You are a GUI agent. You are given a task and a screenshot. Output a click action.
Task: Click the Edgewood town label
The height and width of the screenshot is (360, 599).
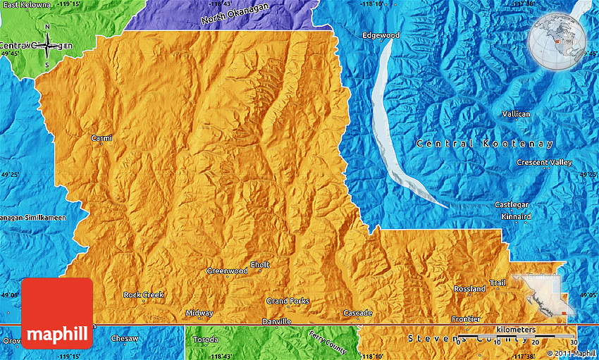pyautogui.click(x=381, y=35)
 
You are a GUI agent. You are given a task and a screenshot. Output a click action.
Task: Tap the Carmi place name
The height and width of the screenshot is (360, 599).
pyautogui.click(x=101, y=138)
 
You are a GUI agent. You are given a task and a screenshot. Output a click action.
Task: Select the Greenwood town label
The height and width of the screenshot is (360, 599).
pyautogui.click(x=227, y=271)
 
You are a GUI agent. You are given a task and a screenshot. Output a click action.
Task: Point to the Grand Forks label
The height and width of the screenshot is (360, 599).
pyautogui.click(x=288, y=301)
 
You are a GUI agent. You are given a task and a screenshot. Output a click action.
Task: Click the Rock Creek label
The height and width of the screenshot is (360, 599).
pyautogui.click(x=143, y=294)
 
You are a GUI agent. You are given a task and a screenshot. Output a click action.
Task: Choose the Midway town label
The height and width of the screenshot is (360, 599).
pyautogui.click(x=199, y=313)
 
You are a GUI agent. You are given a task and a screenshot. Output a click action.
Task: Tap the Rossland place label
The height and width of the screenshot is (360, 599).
pyautogui.click(x=469, y=289)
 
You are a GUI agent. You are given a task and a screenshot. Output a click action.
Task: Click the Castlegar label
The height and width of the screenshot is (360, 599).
pyautogui.click(x=511, y=205)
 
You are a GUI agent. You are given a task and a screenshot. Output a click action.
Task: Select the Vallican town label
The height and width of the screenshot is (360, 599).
pyautogui.click(x=516, y=114)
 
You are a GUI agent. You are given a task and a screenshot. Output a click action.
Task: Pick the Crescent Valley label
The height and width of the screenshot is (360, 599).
pyautogui.click(x=544, y=162)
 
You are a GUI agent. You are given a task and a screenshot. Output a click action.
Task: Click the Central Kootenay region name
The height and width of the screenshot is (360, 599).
pyautogui.click(x=485, y=144)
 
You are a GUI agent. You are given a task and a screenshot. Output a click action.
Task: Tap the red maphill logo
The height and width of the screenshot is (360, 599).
pyautogui.click(x=57, y=313)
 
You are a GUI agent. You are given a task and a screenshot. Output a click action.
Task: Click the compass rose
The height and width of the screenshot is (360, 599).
pyautogui.click(x=47, y=46)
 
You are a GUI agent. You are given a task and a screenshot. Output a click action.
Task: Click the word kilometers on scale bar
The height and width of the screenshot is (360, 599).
pyautogui.click(x=515, y=330)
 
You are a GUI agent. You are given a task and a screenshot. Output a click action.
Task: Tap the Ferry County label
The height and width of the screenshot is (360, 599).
pyautogui.click(x=328, y=342)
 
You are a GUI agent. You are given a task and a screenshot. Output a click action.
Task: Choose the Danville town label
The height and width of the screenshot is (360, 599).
pyautogui.click(x=276, y=322)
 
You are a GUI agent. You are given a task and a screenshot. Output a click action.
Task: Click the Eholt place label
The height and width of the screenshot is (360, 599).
pyautogui.click(x=259, y=264)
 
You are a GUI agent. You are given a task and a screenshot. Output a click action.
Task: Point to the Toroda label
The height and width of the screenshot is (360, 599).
pyautogui.click(x=205, y=339)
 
